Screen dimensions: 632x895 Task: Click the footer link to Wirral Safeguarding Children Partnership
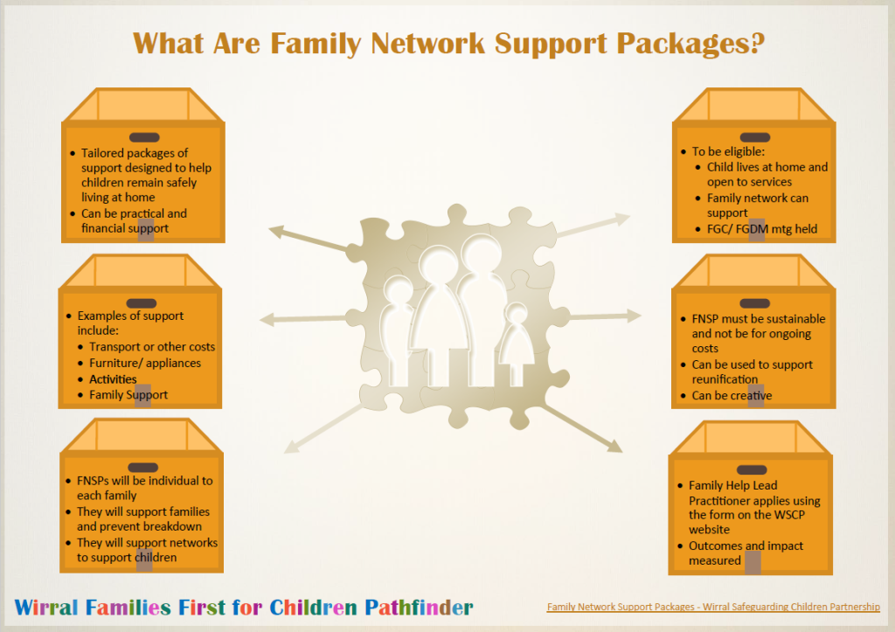(713, 608)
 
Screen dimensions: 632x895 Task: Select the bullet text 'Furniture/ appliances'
(145, 363)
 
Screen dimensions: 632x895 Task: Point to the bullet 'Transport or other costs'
(152, 347)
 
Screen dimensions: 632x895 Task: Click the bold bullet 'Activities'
(113, 379)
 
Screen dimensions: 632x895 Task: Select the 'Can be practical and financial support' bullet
(134, 220)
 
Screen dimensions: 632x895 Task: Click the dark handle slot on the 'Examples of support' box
(141, 302)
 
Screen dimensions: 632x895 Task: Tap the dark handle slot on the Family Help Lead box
(752, 470)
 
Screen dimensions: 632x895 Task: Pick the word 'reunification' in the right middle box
(725, 379)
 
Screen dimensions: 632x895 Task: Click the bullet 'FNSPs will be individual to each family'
(144, 488)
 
